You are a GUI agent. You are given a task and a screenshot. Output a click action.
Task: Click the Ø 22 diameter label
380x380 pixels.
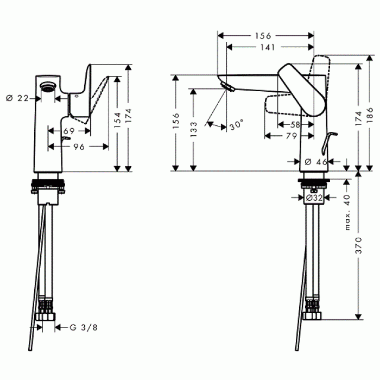(x=17, y=98)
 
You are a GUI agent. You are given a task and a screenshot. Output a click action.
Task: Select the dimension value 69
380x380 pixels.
(x=69, y=131)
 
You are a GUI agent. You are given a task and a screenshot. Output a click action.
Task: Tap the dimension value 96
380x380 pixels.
(x=79, y=147)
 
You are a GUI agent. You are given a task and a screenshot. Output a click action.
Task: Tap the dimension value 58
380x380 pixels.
(x=296, y=125)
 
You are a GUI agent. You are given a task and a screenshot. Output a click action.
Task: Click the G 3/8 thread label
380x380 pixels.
(x=83, y=327)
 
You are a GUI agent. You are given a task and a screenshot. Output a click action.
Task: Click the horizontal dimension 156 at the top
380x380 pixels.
(x=263, y=35)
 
